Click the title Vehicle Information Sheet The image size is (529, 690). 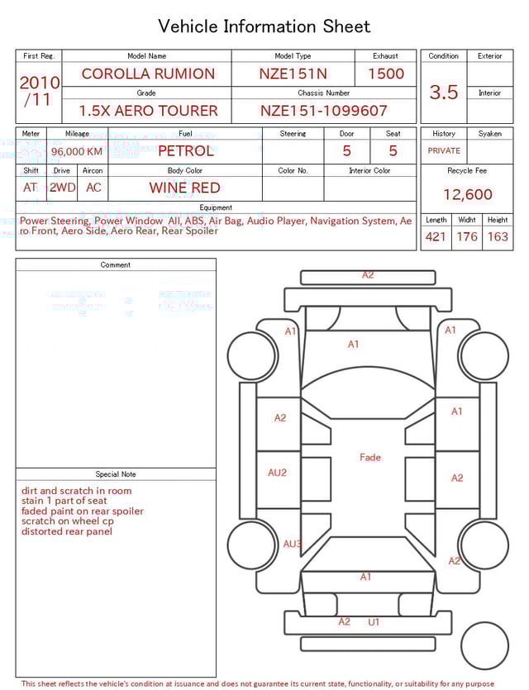pos(264,26)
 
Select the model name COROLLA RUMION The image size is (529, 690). pos(148,74)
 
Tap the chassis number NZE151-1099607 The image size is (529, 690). pos(324,111)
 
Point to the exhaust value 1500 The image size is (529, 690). pos(386,74)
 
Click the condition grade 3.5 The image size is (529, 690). pos(444,93)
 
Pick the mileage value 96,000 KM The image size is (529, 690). pos(77,151)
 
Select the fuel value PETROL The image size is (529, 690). pos(185,151)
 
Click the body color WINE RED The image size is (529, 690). pos(185,188)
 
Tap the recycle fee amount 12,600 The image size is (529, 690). pos(467,195)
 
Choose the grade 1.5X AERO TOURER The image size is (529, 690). pos(148,111)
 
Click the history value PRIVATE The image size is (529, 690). pos(444,151)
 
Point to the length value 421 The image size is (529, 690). pos(436,237)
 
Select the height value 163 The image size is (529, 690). pos(498,237)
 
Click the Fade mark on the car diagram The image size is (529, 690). pos(370,457)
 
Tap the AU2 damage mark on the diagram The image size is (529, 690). pos(278,473)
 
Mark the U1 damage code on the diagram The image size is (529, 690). pos(374,621)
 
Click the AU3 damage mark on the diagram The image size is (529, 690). pos(293,544)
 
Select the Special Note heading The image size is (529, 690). pos(116,474)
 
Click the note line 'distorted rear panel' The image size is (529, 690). pos(67,531)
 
